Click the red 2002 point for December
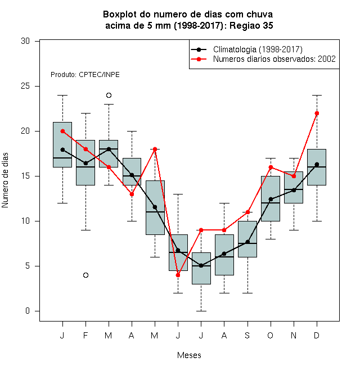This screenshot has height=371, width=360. click(317, 114)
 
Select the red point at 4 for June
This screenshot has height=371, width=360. click(178, 275)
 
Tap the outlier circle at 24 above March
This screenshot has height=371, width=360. click(109, 96)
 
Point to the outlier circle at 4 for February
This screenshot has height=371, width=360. click(85, 275)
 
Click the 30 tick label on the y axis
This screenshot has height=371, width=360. click(25, 41)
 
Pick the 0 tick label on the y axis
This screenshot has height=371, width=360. click(28, 311)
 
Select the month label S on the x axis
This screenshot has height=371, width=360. click(247, 335)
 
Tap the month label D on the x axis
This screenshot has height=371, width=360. click(317, 335)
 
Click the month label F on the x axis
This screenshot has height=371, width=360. click(85, 335)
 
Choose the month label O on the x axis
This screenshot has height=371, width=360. click(270, 335)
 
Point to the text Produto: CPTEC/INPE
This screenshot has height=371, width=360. click(85, 75)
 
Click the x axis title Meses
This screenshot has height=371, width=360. click(189, 355)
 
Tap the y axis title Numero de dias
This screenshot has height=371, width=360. click(5, 180)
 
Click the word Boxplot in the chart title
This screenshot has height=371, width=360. click(120, 15)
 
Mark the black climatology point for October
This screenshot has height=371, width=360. click(271, 199)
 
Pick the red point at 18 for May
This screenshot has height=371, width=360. click(155, 150)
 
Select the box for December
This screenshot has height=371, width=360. click(317, 167)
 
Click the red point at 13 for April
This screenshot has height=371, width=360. click(132, 194)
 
